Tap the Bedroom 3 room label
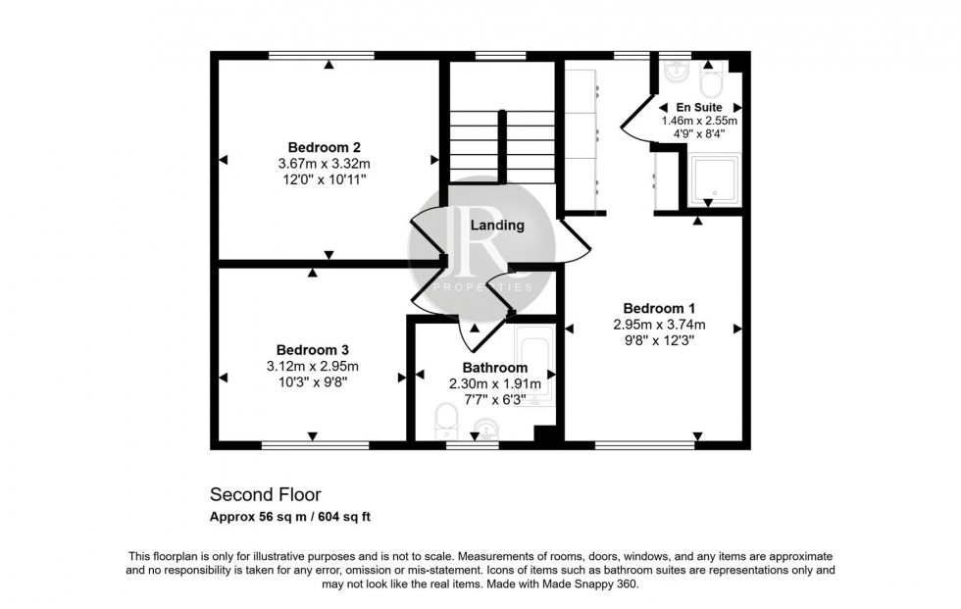312,349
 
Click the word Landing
497,226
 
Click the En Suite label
699,106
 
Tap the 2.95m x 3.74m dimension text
659,325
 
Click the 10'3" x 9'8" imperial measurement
312,382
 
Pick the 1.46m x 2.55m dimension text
700,121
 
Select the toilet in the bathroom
445,425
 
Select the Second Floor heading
266,494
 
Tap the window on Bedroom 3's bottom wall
315,445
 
